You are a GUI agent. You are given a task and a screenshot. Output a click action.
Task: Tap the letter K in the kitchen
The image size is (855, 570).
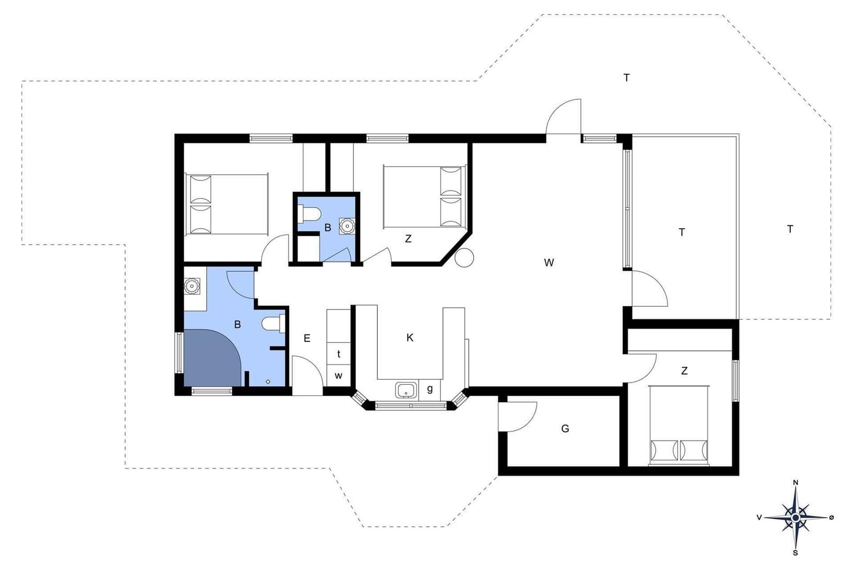click(x=410, y=338)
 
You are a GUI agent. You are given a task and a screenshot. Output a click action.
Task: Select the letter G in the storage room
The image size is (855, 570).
click(x=565, y=428)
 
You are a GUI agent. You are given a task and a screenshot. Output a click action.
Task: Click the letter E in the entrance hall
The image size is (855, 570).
click(x=307, y=338)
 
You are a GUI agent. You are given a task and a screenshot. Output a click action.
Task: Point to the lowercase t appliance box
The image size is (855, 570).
click(x=339, y=354)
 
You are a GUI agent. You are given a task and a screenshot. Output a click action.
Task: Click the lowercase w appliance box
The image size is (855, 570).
click(x=339, y=376)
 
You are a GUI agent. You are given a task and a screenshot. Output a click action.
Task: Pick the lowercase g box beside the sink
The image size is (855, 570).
click(x=430, y=389)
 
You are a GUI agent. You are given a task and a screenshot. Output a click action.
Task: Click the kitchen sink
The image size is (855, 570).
click(x=406, y=391)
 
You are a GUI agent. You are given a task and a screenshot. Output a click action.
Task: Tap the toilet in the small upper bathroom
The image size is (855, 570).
click(x=309, y=214)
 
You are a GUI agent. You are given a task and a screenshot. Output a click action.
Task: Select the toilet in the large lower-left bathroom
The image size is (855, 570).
click(x=274, y=324)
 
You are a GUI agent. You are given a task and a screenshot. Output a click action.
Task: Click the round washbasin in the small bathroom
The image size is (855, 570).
click(x=347, y=226)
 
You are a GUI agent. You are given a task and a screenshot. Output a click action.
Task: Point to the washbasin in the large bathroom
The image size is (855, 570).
click(x=192, y=286)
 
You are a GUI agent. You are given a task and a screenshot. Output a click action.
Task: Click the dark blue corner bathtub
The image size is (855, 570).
click(x=212, y=358)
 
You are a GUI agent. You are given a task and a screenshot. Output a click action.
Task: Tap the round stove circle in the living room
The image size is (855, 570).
click(x=464, y=258)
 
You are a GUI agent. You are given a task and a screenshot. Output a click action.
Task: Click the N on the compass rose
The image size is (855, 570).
click(x=796, y=482)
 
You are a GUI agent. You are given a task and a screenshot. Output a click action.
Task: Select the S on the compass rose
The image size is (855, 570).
click(x=796, y=553)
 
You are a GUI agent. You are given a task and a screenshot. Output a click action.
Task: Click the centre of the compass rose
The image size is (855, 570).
click(x=796, y=518)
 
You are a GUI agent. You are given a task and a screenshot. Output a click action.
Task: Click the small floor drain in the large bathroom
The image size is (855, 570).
click(x=268, y=381)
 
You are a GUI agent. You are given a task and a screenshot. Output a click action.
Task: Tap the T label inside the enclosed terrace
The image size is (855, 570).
click(x=682, y=232)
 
